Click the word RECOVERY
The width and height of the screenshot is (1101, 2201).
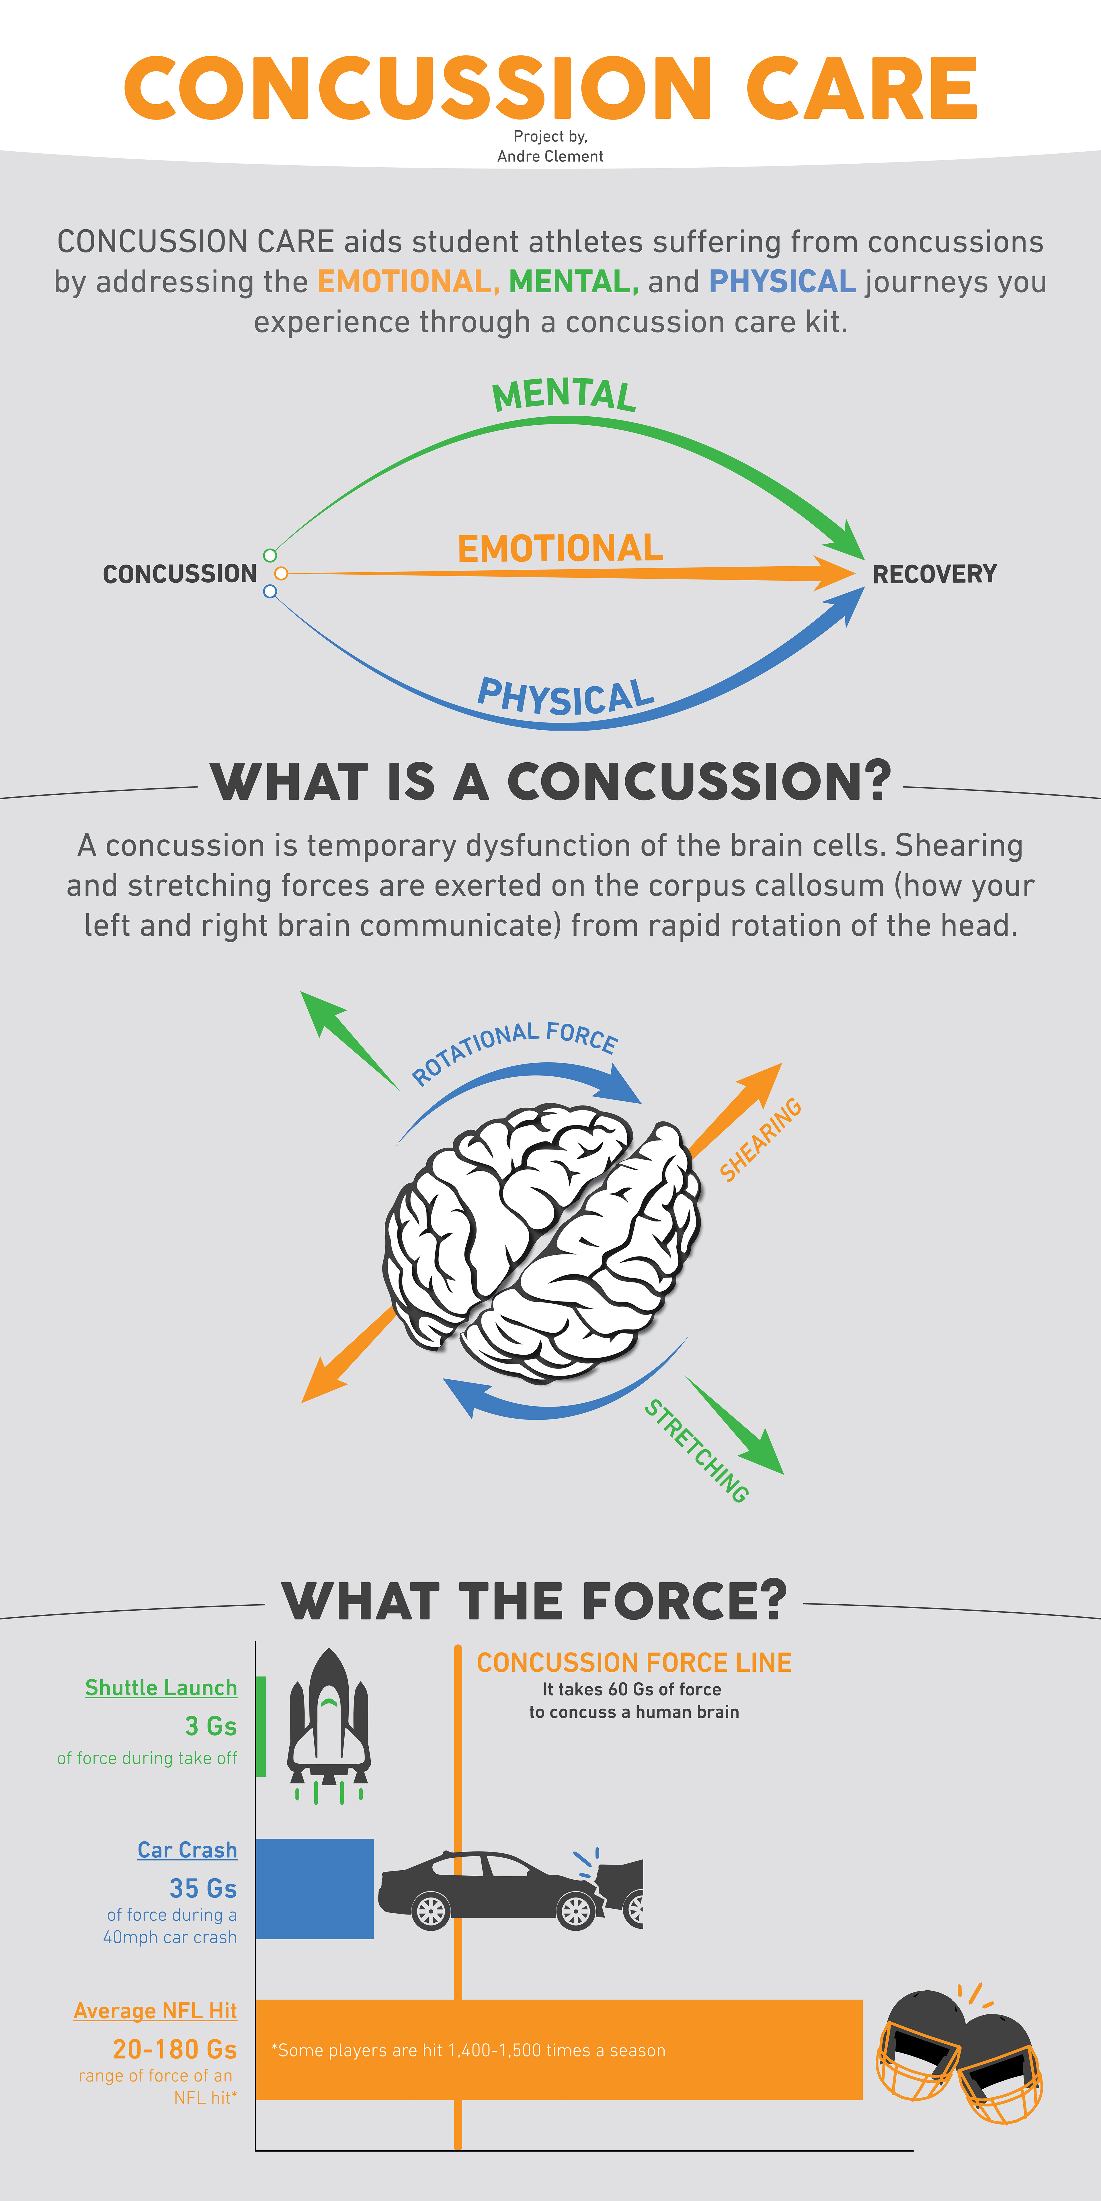coord(934,574)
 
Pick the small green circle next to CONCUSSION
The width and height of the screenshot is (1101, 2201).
coord(270,555)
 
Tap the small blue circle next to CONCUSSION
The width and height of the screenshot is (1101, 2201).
coord(270,591)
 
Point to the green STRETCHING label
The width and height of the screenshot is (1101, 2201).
coord(697,1451)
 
